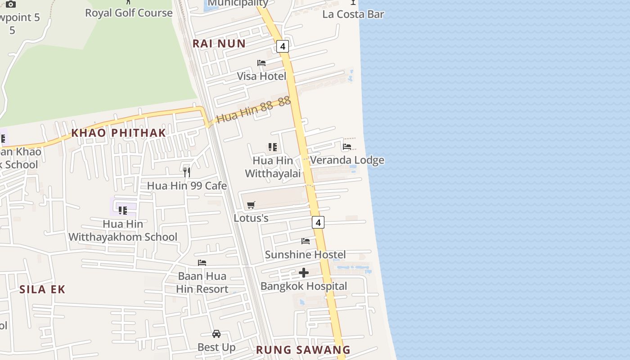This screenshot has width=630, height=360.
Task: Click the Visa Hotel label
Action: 261,76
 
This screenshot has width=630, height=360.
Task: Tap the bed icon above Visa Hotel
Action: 261,63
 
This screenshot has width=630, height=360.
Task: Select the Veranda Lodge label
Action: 347,160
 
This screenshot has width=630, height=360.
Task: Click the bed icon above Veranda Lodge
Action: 347,147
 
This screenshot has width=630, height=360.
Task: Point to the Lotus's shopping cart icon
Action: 251,205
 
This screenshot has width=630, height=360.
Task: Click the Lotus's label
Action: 251,218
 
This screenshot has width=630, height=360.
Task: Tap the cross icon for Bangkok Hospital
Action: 304,273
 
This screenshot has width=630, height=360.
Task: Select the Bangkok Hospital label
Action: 304,286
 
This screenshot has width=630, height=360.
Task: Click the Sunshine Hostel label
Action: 305,255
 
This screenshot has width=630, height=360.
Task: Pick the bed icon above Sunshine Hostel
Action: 306,241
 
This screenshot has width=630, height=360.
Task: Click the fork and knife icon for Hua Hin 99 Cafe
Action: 187,172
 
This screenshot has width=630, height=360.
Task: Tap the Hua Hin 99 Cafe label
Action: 187,186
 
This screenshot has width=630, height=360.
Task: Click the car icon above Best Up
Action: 216,334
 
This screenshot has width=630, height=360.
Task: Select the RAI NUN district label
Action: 219,44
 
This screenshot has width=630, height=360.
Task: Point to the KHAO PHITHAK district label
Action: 119,133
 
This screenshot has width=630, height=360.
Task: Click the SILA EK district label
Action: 42,289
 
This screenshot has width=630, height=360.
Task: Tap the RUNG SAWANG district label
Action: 303,350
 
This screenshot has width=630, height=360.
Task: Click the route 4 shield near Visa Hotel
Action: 283,46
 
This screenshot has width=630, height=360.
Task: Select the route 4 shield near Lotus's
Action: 318,222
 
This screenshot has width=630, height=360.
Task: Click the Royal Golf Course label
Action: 129,13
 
